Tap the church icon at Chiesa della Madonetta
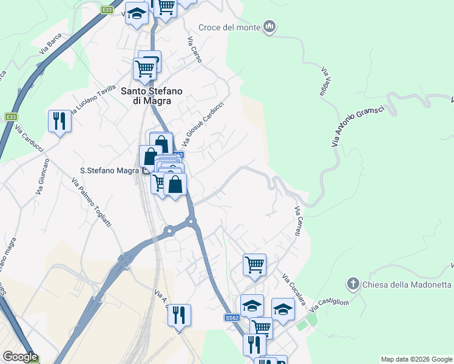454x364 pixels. [x=353, y=284]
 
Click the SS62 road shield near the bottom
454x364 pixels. [x=232, y=317]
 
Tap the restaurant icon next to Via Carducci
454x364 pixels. [x=59, y=121]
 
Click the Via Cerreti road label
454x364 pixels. [x=299, y=223]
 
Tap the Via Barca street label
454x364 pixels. [x=50, y=44]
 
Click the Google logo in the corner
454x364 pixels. [x=20, y=357]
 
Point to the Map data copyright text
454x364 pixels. [x=416, y=359]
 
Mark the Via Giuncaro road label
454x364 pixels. [x=42, y=177]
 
